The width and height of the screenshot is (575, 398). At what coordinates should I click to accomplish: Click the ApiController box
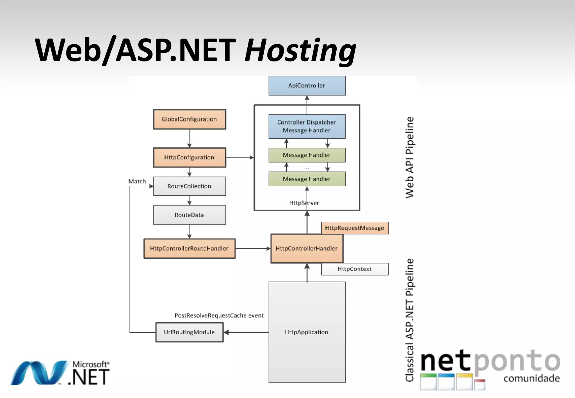click(307, 86)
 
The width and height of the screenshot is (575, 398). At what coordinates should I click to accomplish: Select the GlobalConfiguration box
click(189, 119)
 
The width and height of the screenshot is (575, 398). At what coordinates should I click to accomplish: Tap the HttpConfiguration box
click(189, 157)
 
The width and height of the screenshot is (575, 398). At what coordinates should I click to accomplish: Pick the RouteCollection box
click(189, 186)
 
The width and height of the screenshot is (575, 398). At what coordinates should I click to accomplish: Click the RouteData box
click(189, 215)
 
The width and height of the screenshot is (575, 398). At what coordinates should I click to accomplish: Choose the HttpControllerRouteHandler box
click(189, 248)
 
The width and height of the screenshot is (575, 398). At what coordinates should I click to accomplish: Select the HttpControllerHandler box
click(307, 248)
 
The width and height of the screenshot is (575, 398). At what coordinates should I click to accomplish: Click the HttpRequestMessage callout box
click(355, 228)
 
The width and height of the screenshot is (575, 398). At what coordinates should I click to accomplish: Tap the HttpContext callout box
click(355, 269)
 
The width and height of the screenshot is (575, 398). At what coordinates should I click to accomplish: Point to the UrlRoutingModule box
click(189, 332)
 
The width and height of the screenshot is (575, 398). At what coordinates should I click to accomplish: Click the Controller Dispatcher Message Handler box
click(307, 126)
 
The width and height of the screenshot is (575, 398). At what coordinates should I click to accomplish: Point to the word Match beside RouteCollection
click(137, 181)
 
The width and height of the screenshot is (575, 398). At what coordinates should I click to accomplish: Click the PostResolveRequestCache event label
click(219, 315)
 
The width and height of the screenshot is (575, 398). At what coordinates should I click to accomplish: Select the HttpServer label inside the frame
click(304, 203)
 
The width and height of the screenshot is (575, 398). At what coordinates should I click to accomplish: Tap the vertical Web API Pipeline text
click(410, 157)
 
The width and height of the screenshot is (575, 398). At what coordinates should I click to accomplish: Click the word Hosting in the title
click(300, 51)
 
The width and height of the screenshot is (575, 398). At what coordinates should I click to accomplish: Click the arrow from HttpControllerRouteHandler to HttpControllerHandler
click(253, 248)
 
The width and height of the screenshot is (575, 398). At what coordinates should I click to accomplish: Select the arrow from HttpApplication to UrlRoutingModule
click(246, 332)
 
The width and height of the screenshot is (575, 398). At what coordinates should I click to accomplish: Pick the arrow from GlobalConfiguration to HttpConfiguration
click(190, 138)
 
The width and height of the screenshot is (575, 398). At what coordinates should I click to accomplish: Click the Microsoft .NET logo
click(60, 373)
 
